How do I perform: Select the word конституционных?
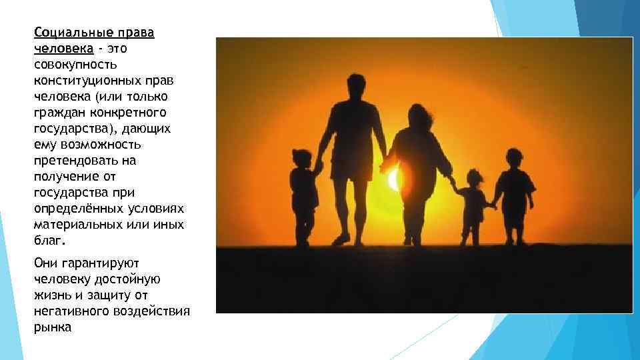tap(87, 81)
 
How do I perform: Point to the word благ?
tap(48, 241)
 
